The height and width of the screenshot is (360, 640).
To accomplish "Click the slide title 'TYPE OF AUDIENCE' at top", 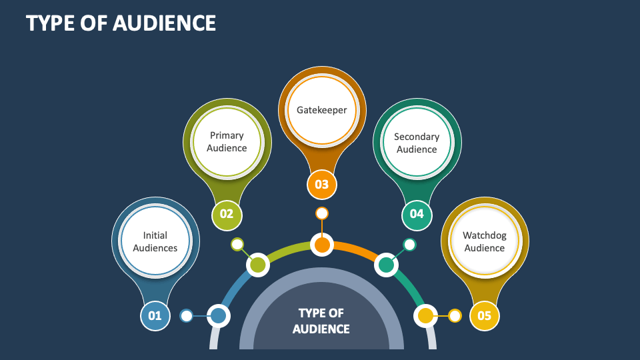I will [x=121, y=23].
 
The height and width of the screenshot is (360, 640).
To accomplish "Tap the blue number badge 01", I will [x=155, y=316].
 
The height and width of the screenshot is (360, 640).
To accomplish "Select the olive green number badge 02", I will [x=227, y=214].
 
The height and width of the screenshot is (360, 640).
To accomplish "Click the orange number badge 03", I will [x=322, y=184].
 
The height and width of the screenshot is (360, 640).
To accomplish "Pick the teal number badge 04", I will [x=417, y=214].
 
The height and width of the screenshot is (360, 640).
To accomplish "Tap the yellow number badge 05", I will [x=484, y=316].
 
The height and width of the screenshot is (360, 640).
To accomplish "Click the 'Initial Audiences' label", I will [x=155, y=241].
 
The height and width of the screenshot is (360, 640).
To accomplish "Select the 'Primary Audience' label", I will [x=227, y=141].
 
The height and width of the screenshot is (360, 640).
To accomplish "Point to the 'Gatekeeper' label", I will [x=322, y=110].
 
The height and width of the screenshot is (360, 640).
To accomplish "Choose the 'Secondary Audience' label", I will [x=417, y=143].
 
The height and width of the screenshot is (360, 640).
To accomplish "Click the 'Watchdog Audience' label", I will [x=485, y=241].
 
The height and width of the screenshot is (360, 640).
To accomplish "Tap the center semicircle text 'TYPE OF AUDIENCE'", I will [x=321, y=321].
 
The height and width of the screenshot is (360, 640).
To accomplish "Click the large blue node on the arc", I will [x=218, y=315].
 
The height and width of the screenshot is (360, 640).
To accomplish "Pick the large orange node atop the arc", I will [x=322, y=245].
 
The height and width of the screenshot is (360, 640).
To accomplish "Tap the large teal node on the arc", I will [x=386, y=265].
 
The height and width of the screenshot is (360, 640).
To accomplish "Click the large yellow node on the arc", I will [x=425, y=315].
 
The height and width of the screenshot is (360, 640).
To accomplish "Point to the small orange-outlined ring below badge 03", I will [x=322, y=213].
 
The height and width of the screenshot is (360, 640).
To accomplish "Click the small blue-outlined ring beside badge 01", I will [x=187, y=315].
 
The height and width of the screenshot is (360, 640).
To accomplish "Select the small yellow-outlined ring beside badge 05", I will [x=455, y=315].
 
